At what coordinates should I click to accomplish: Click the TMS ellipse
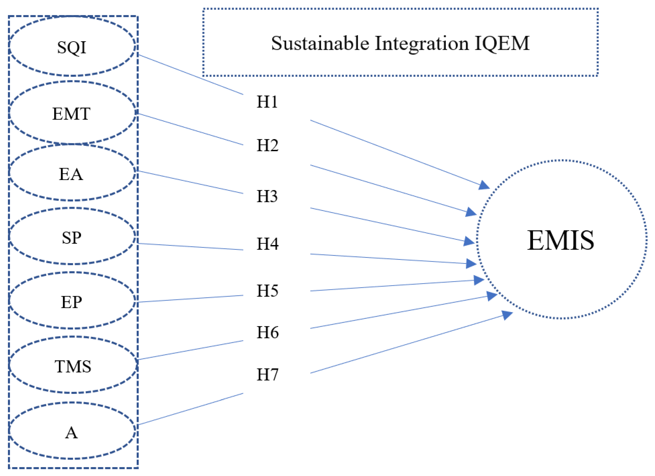(x=73, y=366)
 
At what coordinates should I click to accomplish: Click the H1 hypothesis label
(x=267, y=102)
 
